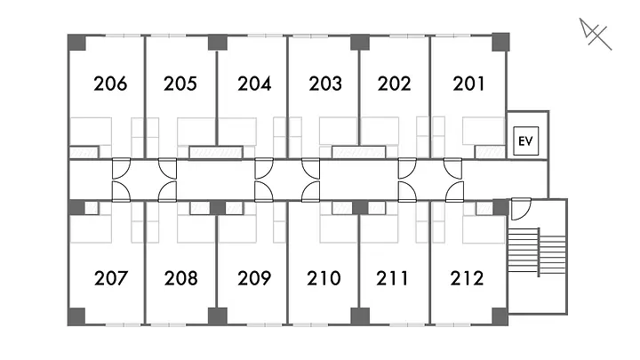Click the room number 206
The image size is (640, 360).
(x=110, y=84)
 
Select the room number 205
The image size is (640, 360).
(x=180, y=84)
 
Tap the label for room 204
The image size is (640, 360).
(x=253, y=84)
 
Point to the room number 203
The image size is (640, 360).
(x=325, y=84)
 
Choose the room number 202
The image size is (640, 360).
(x=394, y=84)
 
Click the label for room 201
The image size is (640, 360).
(x=468, y=84)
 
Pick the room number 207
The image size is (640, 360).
(x=110, y=278)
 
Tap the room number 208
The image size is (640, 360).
(x=180, y=278)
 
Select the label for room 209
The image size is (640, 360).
(x=253, y=278)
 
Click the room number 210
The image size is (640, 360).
(x=324, y=278)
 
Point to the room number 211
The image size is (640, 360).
(x=394, y=278)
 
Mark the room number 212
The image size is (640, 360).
(x=467, y=278)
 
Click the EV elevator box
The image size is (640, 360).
(x=524, y=141)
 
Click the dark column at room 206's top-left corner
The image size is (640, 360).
(x=77, y=43)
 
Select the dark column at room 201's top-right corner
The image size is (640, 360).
(x=500, y=43)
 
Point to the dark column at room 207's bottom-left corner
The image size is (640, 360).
(x=77, y=316)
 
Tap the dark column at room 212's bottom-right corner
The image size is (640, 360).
(x=500, y=316)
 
